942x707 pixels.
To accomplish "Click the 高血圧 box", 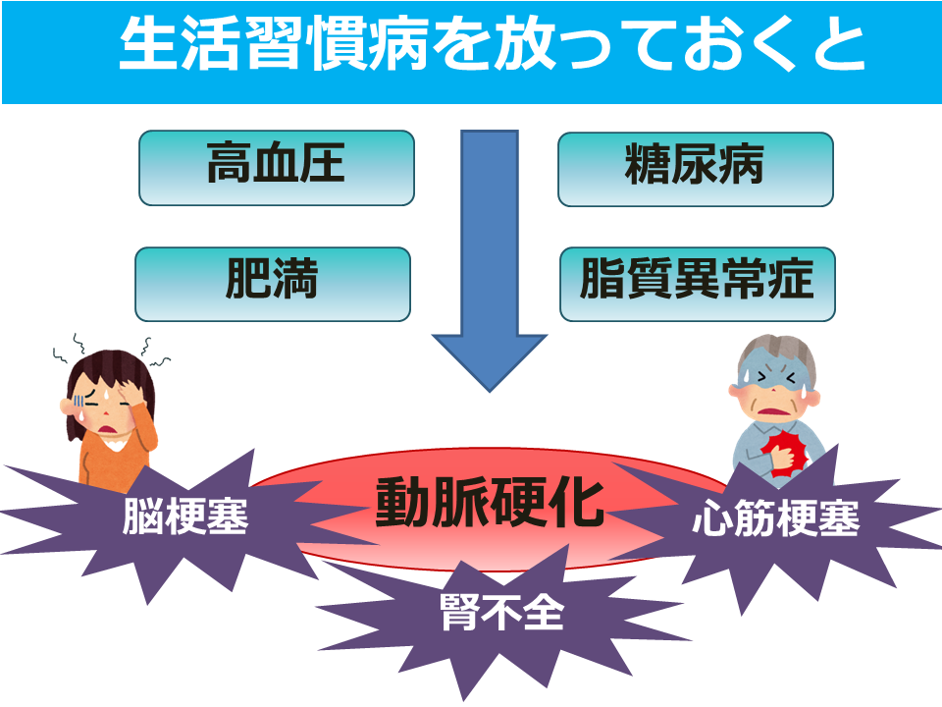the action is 277,168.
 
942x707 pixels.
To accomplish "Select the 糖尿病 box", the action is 696,169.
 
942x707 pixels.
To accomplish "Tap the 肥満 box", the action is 273,284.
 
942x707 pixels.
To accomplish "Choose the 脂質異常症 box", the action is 698,284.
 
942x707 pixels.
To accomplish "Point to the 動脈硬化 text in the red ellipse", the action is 490,503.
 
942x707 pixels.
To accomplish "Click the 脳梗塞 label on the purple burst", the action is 185,517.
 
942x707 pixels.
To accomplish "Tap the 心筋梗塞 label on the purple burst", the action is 775,518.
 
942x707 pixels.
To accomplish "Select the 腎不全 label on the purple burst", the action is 502,612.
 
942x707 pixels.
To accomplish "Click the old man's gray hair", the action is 777,352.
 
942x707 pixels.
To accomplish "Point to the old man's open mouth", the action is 773,410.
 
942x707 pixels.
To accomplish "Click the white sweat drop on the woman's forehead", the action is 105,394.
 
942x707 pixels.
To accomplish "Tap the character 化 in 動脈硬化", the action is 577,503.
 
